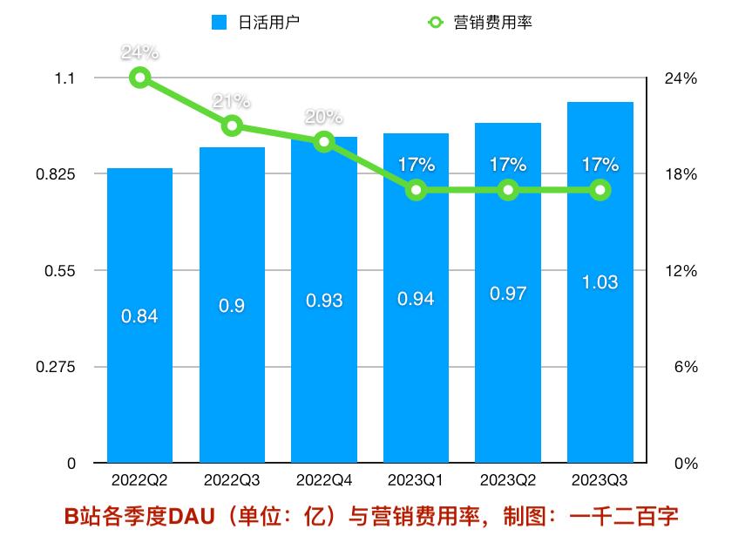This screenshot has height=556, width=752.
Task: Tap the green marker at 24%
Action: tap(139, 78)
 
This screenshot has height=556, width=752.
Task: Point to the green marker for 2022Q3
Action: tap(232, 126)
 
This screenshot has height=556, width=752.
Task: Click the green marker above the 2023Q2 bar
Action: tap(508, 190)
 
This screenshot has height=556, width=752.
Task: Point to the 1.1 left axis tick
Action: tap(65, 78)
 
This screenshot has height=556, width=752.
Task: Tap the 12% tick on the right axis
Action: tap(681, 271)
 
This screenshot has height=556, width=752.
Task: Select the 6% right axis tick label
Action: tap(685, 368)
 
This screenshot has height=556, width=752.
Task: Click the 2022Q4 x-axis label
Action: tap(324, 480)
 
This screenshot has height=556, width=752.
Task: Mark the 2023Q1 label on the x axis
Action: tap(416, 480)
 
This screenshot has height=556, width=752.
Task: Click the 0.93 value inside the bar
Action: tap(324, 301)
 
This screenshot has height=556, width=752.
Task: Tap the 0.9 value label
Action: tap(232, 305)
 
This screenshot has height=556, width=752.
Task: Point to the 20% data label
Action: tap(324, 117)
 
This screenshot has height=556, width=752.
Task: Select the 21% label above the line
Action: tap(232, 102)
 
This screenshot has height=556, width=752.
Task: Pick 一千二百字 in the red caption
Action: tap(623, 517)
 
